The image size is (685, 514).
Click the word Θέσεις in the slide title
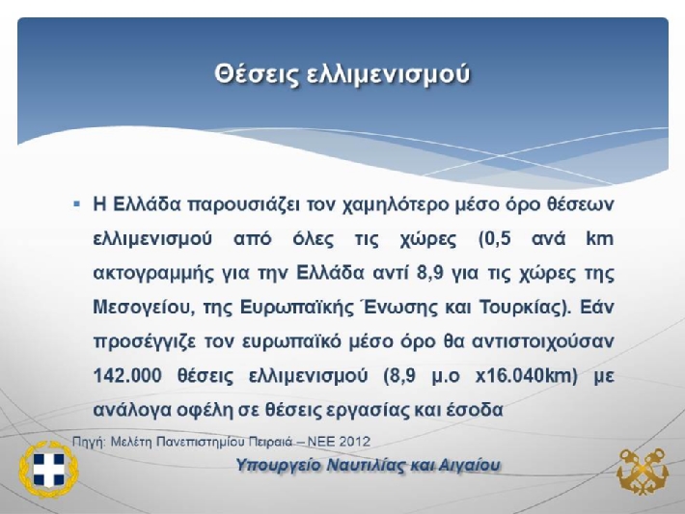pos(256,73)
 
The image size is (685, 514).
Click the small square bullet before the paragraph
pos(77,203)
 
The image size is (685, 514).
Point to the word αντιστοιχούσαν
pos(543,341)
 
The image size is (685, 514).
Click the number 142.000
pos(127,375)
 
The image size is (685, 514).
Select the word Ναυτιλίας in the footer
pos(366,465)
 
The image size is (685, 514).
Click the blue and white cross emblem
pos(48,470)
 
